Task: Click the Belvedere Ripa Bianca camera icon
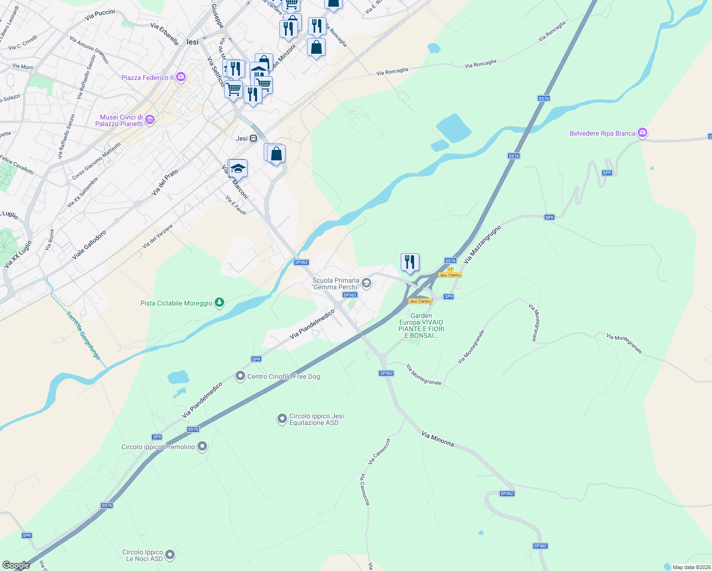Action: click(x=643, y=133)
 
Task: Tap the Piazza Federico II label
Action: click(x=148, y=78)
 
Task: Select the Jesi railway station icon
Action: click(x=254, y=138)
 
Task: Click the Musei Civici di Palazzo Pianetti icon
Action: click(x=150, y=120)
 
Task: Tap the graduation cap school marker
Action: click(x=237, y=169)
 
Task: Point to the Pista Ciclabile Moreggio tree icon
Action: click(x=219, y=303)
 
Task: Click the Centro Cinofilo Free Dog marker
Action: click(x=240, y=376)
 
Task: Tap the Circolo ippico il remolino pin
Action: click(x=202, y=446)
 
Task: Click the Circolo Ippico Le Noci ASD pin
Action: click(x=170, y=555)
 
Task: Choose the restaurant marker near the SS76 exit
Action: click(x=410, y=262)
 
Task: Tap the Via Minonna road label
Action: click(x=438, y=439)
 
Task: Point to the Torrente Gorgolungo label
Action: click(x=83, y=335)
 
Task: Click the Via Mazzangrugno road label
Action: click(x=482, y=245)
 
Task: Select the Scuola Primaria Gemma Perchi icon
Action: click(x=366, y=284)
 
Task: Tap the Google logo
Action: click(x=16, y=565)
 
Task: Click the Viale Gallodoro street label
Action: click(x=89, y=246)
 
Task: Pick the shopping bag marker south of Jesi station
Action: click(x=276, y=154)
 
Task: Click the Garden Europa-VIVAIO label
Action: click(x=421, y=325)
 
